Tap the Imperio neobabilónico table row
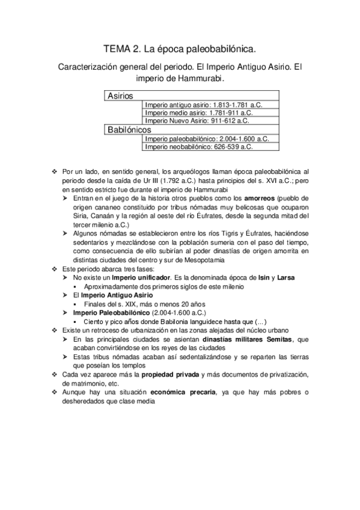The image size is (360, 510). pyautogui.click(x=199, y=146)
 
